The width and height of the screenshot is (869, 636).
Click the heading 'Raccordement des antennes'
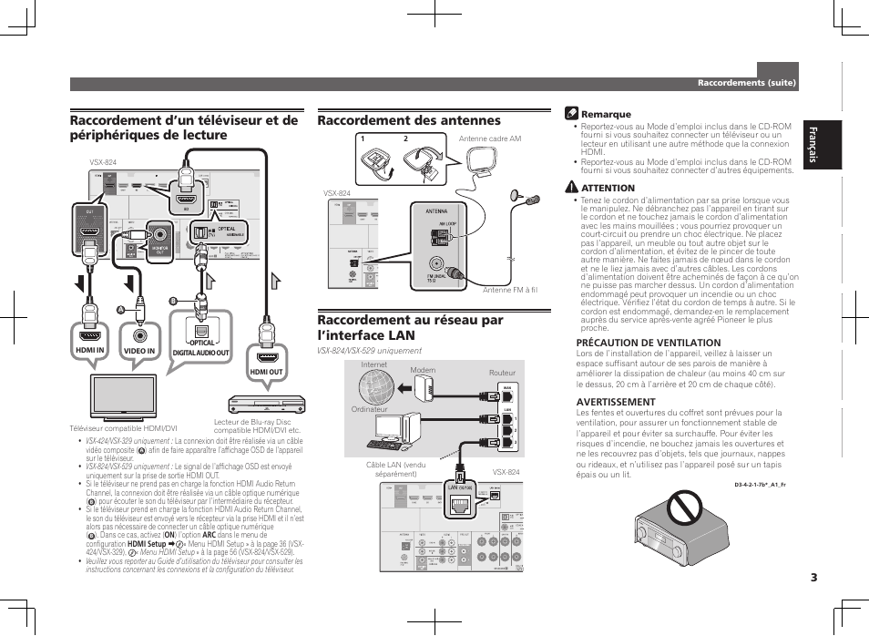tap(409, 120)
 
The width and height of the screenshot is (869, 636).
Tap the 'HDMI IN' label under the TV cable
tap(90, 351)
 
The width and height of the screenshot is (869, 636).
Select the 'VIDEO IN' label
tap(139, 351)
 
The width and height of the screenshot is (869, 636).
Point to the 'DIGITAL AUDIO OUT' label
tap(201, 353)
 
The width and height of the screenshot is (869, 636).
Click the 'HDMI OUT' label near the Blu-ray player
tap(266, 372)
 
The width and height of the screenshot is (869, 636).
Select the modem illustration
tap(422, 390)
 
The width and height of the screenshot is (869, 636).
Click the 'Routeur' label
tap(502, 373)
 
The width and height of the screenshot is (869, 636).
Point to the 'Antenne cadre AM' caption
tap(490, 139)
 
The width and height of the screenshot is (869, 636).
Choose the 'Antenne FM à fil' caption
tap(510, 290)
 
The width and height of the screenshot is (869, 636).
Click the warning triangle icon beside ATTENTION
tap(571, 188)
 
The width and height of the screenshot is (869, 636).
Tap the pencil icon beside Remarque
tap(571, 114)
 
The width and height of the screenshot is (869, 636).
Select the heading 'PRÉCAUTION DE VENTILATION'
tap(636, 343)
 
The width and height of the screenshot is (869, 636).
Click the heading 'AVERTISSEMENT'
tap(616, 401)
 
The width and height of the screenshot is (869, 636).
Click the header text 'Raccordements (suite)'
tap(747, 83)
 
